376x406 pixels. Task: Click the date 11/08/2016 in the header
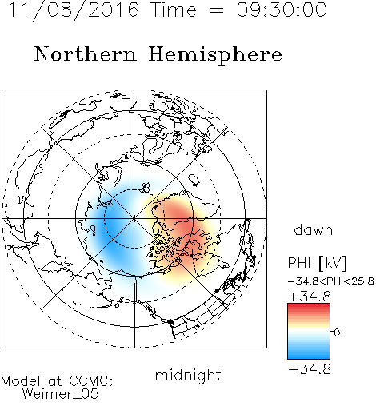click(x=74, y=10)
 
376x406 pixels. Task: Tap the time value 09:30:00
click(x=282, y=10)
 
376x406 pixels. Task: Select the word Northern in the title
click(x=86, y=54)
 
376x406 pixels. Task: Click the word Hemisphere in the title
click(x=215, y=55)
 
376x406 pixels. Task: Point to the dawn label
click(x=314, y=229)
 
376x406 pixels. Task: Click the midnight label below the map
click(x=188, y=375)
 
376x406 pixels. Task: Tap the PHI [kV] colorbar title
click(x=317, y=263)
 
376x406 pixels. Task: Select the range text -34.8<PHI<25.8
click(x=330, y=281)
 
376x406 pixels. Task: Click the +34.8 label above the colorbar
click(x=310, y=297)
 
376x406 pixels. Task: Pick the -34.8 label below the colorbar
click(x=310, y=369)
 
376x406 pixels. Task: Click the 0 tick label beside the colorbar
click(x=337, y=332)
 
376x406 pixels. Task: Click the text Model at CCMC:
click(x=57, y=381)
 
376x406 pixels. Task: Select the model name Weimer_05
click(x=60, y=394)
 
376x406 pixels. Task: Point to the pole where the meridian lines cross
click(x=134, y=218)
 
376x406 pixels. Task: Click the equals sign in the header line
click(x=216, y=10)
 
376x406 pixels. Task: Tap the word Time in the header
click(x=174, y=10)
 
